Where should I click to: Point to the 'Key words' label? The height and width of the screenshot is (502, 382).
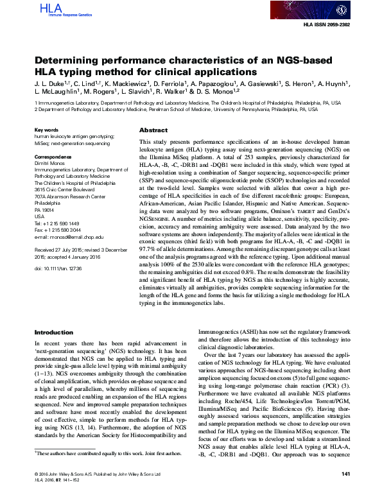point(47,130)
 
